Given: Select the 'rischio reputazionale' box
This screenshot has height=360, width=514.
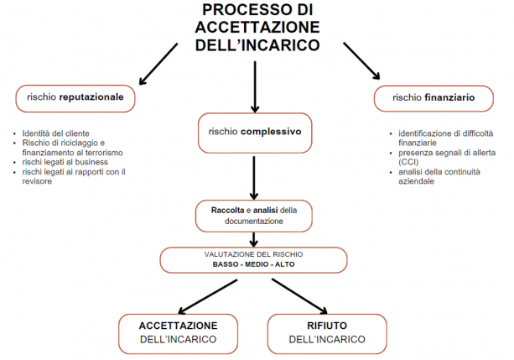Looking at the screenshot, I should pos(75,98).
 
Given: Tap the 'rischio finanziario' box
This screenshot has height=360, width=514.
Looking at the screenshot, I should pos(434,98).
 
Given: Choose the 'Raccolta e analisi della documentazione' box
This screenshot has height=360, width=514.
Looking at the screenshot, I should pos(253,215).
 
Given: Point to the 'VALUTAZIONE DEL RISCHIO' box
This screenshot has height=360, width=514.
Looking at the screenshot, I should pos(253,258).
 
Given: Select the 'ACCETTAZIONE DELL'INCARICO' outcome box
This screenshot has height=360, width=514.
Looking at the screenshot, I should pos(179,331).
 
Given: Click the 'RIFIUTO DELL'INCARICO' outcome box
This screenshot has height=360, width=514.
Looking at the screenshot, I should pos(327,331).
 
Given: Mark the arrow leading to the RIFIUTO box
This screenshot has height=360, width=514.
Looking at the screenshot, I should pos(300,294).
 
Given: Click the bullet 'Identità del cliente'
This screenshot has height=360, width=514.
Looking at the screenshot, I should pos(60,133).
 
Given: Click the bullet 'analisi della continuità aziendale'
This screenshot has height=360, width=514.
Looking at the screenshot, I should pos(435,176).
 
